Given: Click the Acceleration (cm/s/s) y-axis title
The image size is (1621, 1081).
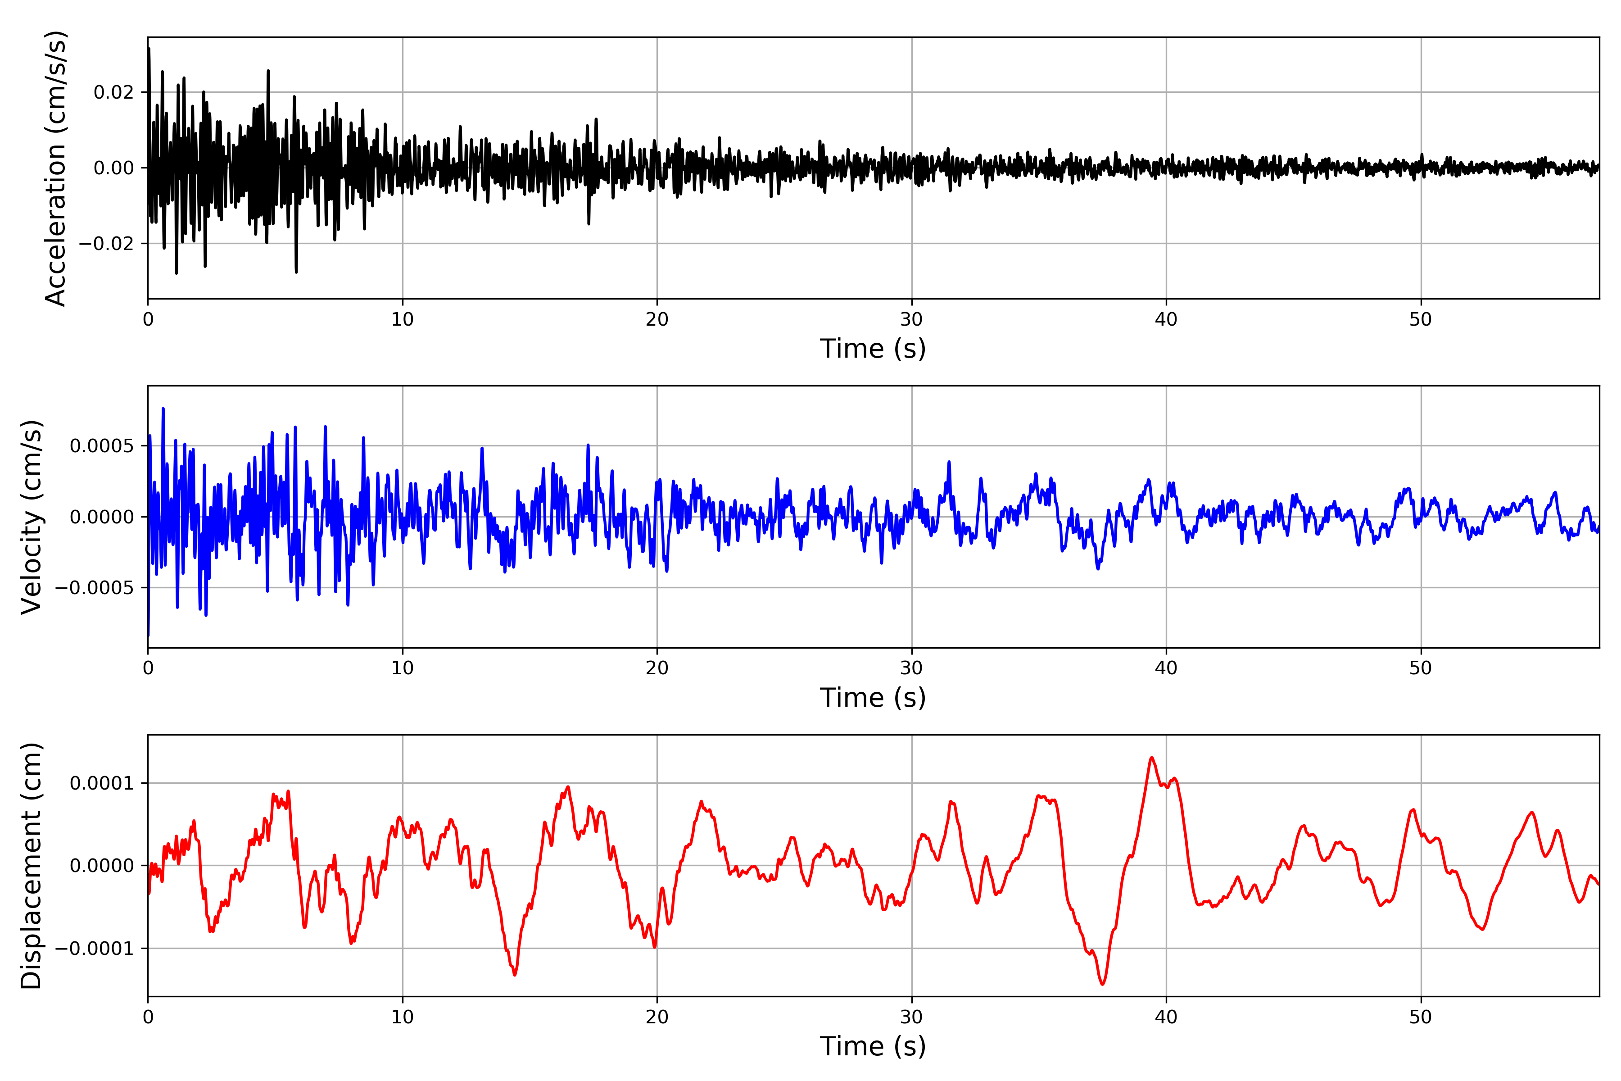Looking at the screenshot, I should tap(55, 168).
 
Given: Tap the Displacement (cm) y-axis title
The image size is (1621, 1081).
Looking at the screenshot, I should tap(31, 865).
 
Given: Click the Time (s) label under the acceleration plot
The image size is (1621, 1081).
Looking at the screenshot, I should tap(873, 349).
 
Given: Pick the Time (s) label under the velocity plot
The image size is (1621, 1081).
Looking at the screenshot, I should tap(873, 698).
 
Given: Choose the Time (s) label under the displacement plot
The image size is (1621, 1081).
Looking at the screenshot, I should tap(873, 1046).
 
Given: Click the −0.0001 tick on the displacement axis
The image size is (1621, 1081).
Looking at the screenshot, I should tap(95, 949).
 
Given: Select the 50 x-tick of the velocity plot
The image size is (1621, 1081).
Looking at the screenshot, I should tap(1421, 668).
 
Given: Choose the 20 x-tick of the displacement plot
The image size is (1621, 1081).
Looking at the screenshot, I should tap(657, 1017).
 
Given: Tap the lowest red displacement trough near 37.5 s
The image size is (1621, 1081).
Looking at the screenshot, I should tap(1103, 984).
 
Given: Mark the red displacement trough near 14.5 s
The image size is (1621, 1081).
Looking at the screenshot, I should tap(514, 975).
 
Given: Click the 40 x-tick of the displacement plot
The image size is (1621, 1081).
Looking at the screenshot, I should tap(1166, 1017).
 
